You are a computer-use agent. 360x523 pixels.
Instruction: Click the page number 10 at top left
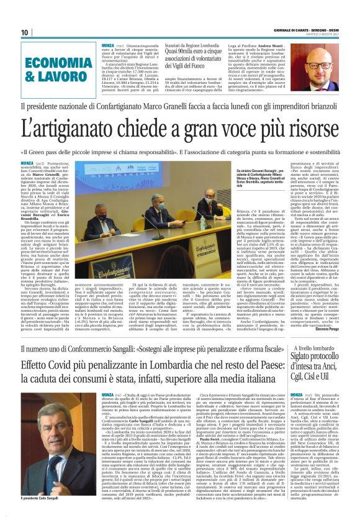25,32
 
